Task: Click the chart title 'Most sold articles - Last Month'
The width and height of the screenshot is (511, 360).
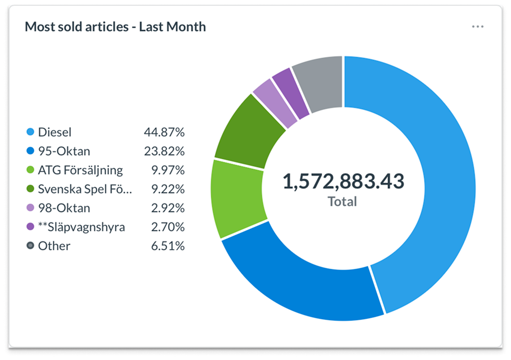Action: (x=115, y=27)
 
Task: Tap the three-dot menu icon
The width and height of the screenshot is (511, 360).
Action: (x=477, y=27)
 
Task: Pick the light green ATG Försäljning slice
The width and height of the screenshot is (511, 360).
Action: (x=237, y=199)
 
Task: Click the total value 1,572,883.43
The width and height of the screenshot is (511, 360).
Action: (x=343, y=181)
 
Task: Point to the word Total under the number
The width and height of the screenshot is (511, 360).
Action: (x=342, y=202)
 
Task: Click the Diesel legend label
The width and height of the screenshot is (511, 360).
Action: (x=55, y=132)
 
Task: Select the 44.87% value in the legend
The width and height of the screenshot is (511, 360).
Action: (x=164, y=132)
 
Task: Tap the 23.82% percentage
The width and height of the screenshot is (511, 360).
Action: (x=164, y=151)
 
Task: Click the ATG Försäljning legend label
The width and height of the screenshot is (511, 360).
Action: (x=80, y=170)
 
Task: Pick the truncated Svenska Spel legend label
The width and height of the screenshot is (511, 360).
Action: (x=85, y=189)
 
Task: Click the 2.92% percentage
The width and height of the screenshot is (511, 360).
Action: (x=167, y=208)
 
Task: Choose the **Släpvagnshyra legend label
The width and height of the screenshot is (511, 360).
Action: (x=82, y=227)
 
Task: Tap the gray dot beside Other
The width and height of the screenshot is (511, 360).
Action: (x=31, y=246)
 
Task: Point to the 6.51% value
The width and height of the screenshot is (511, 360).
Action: (x=167, y=246)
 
